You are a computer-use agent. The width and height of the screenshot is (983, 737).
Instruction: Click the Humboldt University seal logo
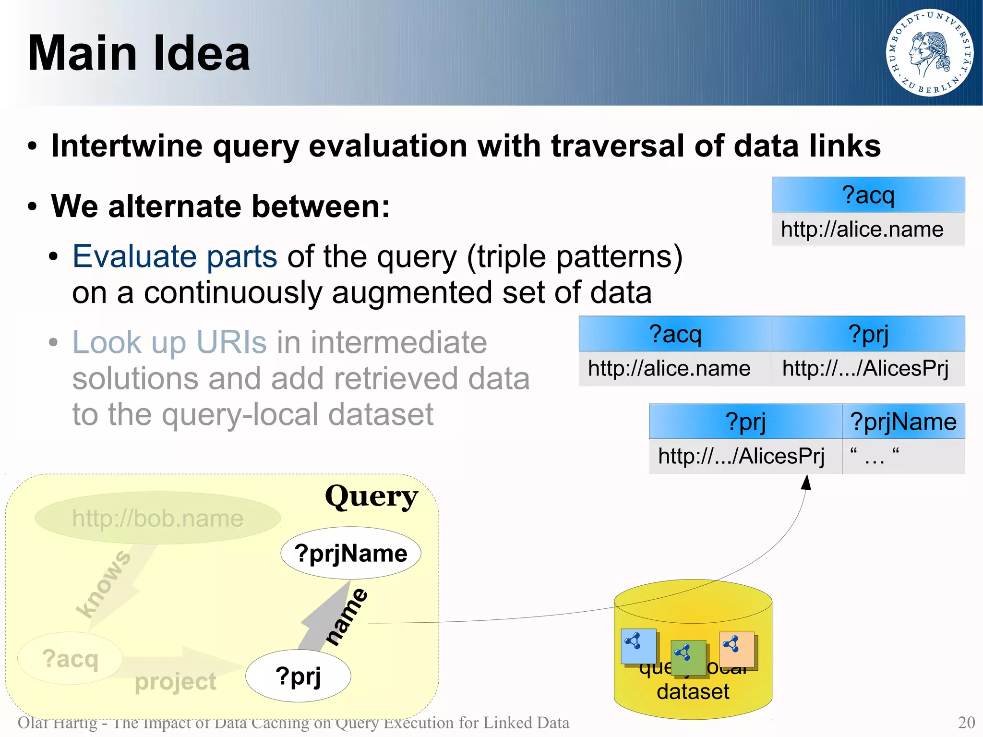click(929, 52)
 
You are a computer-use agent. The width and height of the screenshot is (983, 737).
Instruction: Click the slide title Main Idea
click(139, 53)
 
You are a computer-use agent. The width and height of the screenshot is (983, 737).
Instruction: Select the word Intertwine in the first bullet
click(127, 145)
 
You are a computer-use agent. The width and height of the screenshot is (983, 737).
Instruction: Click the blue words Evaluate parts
click(175, 256)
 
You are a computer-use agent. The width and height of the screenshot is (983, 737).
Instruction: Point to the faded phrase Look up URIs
click(169, 342)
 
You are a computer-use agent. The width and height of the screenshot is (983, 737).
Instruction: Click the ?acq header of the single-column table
click(868, 195)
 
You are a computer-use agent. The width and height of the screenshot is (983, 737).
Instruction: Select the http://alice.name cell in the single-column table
click(862, 230)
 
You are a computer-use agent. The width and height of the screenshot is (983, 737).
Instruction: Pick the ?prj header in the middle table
click(868, 334)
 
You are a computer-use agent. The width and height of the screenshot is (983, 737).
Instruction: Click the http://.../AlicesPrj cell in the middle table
click(865, 369)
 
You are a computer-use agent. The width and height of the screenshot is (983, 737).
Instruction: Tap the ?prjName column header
click(903, 422)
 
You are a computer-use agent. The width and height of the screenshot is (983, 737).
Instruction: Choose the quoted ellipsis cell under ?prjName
click(875, 456)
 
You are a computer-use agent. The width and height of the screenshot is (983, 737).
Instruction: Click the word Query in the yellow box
click(371, 496)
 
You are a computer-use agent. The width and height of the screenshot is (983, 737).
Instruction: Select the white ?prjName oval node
click(351, 554)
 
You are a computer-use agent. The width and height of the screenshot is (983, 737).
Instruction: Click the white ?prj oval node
click(298, 676)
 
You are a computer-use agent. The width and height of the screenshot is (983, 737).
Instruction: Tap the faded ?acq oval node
click(70, 658)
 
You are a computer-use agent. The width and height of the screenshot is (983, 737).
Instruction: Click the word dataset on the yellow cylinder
click(693, 692)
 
